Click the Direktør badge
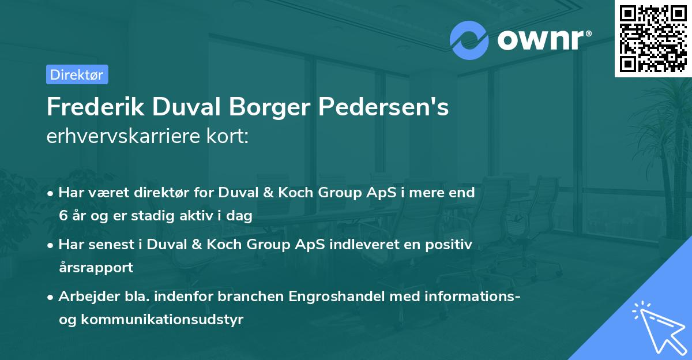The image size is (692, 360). (77, 74)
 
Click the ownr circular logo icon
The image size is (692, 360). (469, 40)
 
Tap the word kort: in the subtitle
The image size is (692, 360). (229, 138)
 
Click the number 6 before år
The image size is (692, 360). (62, 216)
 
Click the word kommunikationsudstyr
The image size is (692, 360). (164, 320)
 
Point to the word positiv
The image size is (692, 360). (449, 245)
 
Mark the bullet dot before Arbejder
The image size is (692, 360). (51, 297)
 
